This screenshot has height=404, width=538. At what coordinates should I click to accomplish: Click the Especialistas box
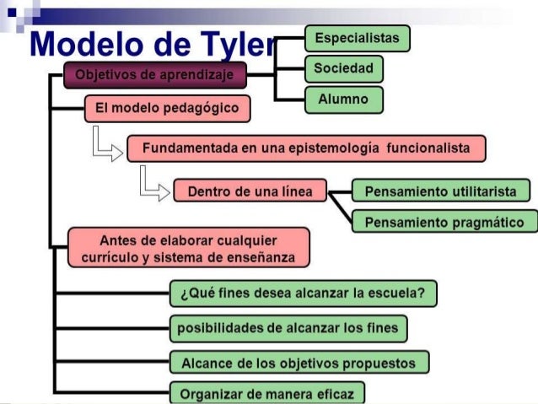point(357,39)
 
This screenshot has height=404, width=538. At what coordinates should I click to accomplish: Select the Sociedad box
point(343,68)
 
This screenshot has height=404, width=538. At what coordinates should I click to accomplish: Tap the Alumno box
point(343,100)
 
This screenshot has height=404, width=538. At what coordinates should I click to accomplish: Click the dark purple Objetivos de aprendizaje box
point(155,76)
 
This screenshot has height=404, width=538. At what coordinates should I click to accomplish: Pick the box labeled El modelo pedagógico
point(167,108)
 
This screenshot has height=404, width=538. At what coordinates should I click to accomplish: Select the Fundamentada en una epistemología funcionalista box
point(306,148)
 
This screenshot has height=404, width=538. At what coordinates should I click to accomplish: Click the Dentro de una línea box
point(250,191)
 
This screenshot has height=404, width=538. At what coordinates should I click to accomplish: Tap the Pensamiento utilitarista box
point(440,191)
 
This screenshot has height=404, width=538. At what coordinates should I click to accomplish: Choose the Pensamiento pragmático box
point(444,223)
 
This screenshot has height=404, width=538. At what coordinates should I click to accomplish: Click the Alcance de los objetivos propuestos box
point(299,363)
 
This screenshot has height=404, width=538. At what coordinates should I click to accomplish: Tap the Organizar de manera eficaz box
point(267,393)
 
